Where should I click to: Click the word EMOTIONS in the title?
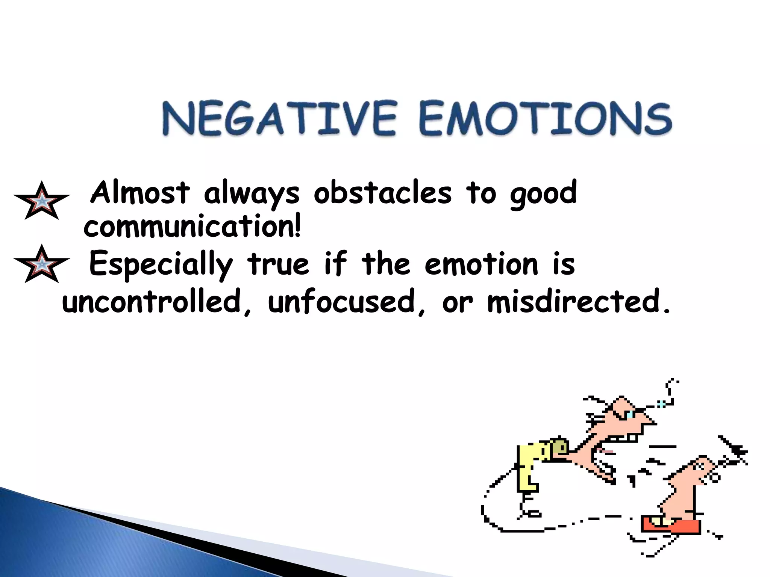(545, 119)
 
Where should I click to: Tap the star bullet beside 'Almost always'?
(42, 201)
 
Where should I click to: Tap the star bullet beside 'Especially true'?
(42, 264)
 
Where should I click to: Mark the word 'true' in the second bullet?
(278, 264)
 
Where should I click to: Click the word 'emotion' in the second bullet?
(482, 264)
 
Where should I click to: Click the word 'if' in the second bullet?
(335, 263)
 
